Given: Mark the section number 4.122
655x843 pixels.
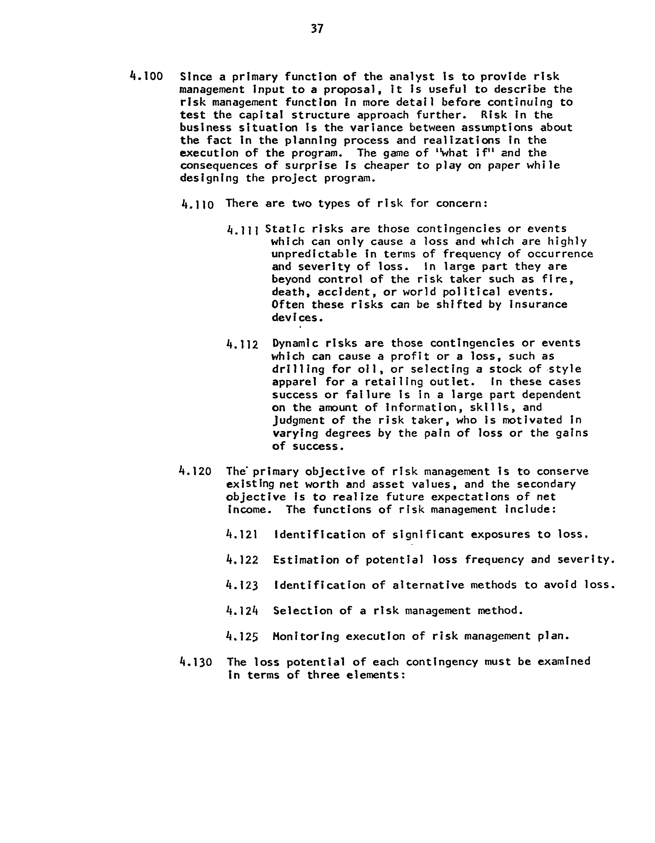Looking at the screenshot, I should pos(242,560).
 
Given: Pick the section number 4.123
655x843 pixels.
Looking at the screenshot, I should pos(242,586).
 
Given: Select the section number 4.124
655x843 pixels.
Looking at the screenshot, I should pos(242,611).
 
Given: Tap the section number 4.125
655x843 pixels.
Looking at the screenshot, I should pos(242,637).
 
